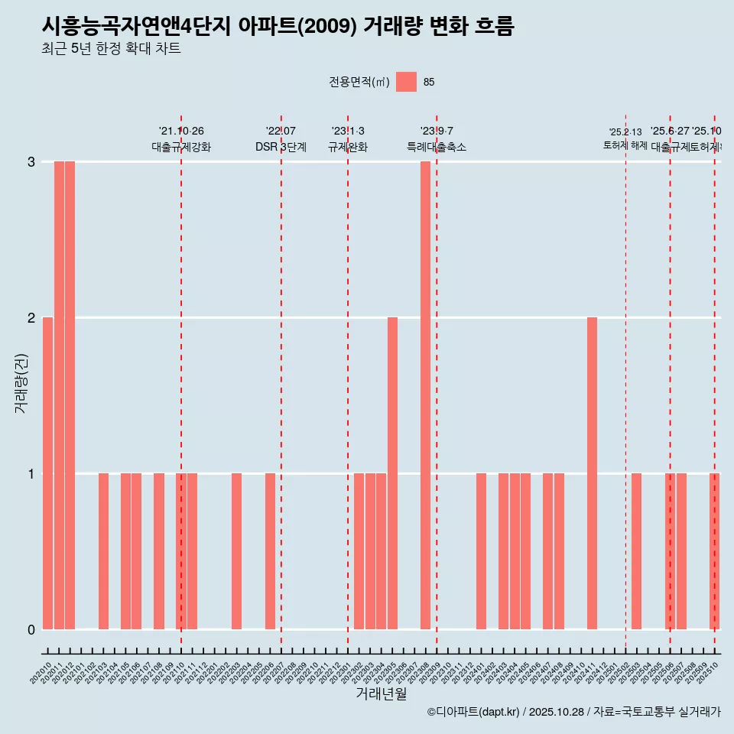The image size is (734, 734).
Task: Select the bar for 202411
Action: point(592,473)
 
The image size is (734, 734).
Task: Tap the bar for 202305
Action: point(392,473)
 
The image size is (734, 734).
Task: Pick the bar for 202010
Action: point(47,473)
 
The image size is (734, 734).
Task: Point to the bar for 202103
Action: point(103,551)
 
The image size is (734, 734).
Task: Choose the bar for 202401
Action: point(481,551)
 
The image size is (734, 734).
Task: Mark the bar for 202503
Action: point(636,551)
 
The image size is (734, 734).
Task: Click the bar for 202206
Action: point(270,551)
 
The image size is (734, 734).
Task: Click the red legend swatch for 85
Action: point(406,82)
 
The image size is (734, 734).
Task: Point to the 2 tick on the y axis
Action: point(31,317)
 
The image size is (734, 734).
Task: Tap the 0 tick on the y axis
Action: point(31,629)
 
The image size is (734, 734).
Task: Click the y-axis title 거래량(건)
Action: point(21,383)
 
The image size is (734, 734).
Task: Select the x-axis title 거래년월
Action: point(381,693)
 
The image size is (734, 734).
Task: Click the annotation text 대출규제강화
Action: point(181,147)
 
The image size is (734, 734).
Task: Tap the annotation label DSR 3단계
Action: point(281,147)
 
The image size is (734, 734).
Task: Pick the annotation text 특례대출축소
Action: point(436,147)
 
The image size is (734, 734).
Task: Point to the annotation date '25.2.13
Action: point(625,132)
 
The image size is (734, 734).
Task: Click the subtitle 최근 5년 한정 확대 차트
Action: point(111,49)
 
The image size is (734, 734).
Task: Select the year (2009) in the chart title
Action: point(326,26)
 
